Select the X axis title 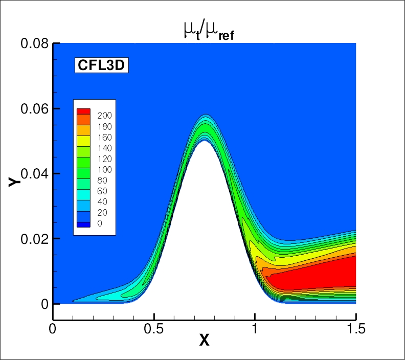tap(204, 340)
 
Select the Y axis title tap(15, 180)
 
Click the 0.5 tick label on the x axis tap(154, 328)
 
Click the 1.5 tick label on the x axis tap(356, 328)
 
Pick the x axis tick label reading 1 tap(255, 328)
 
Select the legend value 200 tap(104, 116)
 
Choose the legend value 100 tap(104, 169)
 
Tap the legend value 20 tap(104, 212)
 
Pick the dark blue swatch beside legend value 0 tap(83, 224)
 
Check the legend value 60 tap(104, 191)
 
